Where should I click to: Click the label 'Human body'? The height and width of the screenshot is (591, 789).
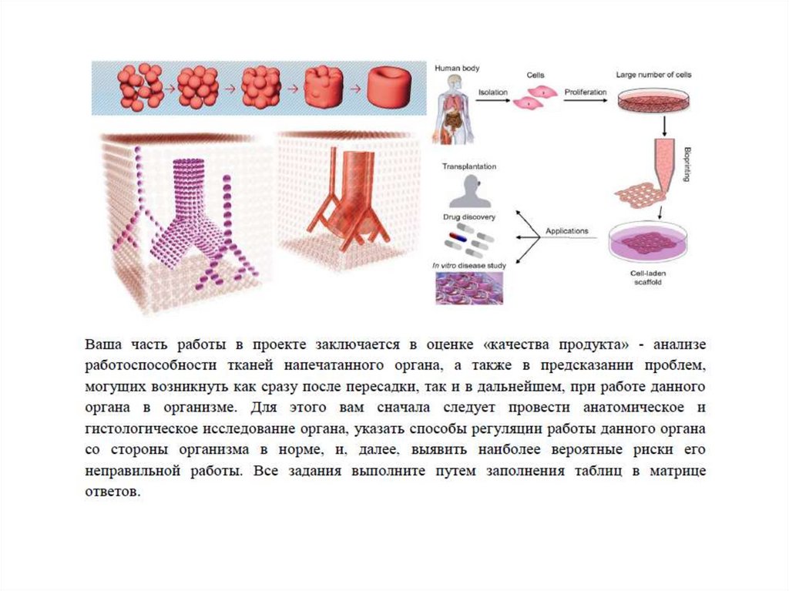point(457,69)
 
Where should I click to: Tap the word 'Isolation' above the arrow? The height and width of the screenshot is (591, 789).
point(493,92)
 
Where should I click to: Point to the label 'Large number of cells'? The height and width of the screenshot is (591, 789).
point(653,76)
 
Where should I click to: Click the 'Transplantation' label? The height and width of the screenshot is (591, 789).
point(468,166)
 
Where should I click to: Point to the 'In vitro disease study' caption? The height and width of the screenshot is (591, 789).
point(468,266)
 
